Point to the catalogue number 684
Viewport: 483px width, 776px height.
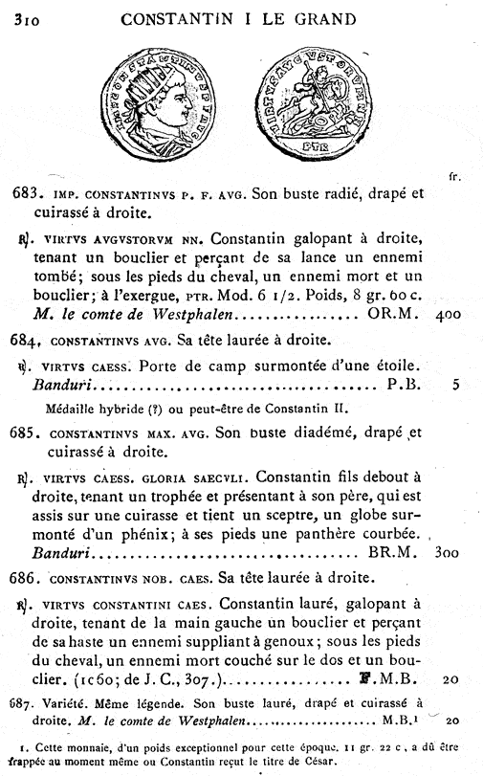point(26,340)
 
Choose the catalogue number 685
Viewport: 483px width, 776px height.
point(26,429)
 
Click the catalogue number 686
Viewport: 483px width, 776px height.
point(26,577)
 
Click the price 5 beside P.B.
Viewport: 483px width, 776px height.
point(457,386)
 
